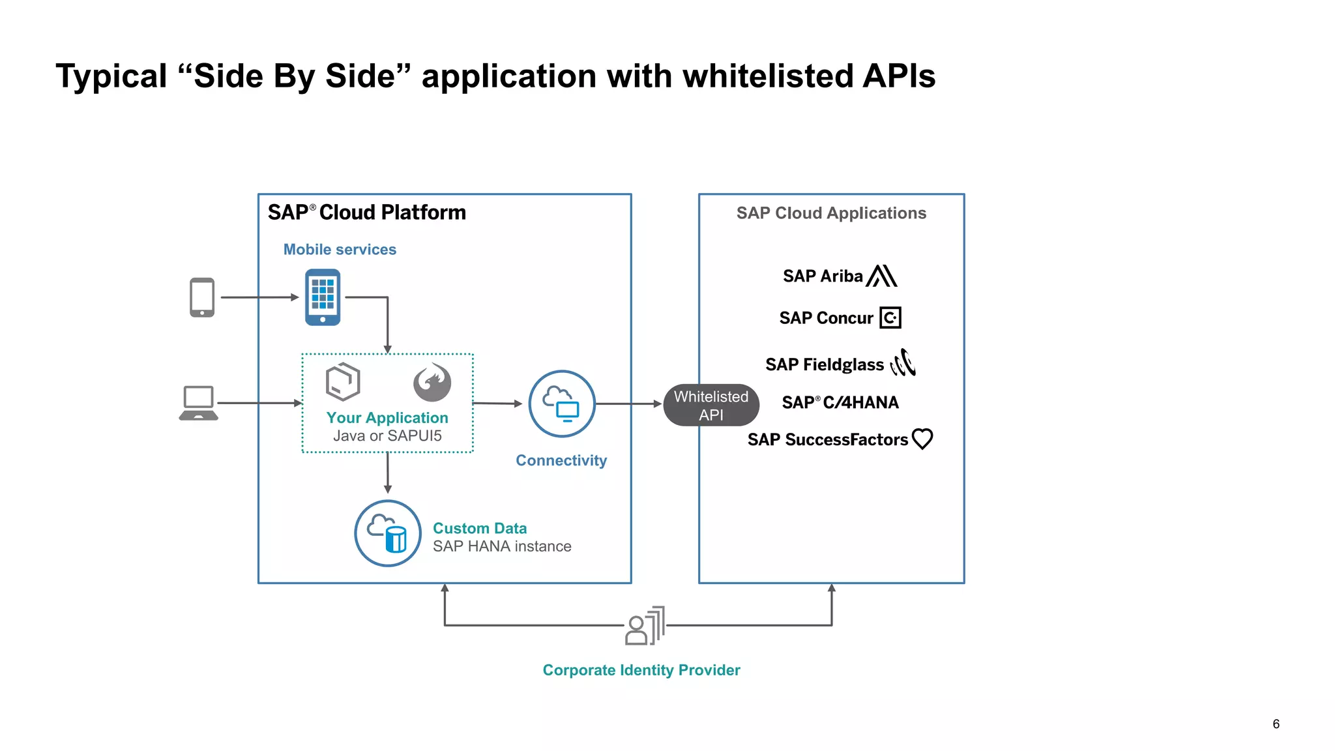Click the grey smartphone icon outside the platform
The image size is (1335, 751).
tap(202, 297)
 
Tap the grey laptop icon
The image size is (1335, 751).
tap(198, 403)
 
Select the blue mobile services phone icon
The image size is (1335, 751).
tap(323, 297)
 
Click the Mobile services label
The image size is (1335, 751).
tap(340, 250)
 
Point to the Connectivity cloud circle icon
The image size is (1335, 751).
tap(561, 404)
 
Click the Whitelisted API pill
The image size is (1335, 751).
tap(711, 405)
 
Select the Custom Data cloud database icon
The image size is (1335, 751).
tap(387, 533)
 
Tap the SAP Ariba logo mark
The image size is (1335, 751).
tap(882, 276)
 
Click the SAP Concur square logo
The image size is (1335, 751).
tap(890, 317)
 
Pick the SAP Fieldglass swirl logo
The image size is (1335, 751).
tap(903, 363)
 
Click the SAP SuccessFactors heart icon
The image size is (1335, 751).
tap(922, 439)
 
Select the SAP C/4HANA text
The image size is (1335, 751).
tap(840, 403)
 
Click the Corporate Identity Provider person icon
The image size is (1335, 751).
tap(644, 626)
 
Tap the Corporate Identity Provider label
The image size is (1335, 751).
tap(641, 670)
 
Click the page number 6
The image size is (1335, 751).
tap(1276, 724)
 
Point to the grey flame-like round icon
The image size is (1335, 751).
tap(432, 383)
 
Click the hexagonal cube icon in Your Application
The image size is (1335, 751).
tap(343, 382)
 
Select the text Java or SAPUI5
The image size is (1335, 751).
tap(387, 436)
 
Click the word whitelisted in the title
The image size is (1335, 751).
tap(768, 76)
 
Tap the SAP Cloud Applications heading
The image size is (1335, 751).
tap(831, 213)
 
